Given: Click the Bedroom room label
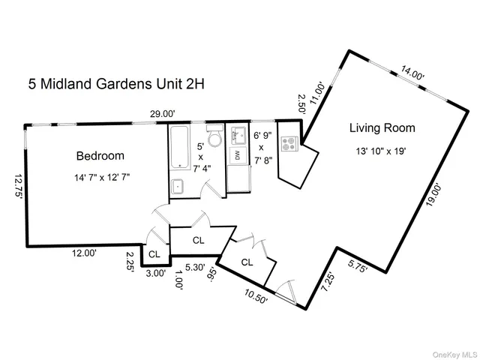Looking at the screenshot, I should click(100, 156).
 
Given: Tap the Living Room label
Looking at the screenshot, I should click(382, 128).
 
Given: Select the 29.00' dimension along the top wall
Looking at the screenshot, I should click(162, 114).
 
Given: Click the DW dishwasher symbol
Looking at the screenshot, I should click(237, 155).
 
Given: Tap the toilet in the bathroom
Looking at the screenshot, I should click(214, 139).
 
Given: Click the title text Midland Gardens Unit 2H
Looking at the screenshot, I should click(116, 84).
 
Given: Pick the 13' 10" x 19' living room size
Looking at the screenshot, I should click(382, 151).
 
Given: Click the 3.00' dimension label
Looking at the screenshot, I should click(154, 274).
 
